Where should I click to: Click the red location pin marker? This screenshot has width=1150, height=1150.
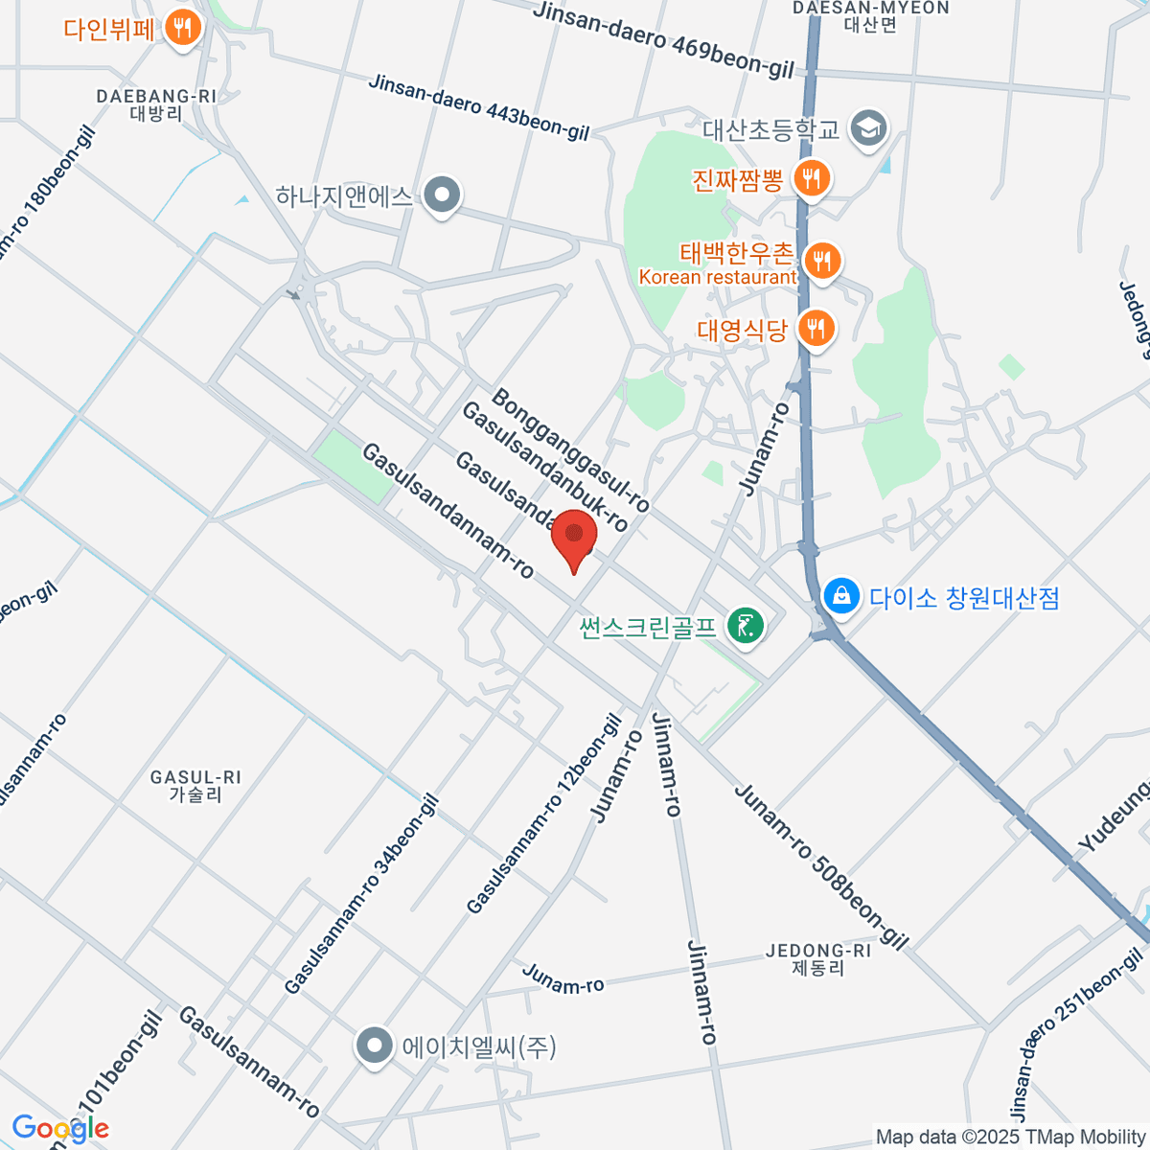pos(574,538)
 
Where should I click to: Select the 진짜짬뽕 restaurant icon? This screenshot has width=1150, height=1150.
pos(812,178)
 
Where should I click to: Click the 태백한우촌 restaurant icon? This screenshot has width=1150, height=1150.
pos(821,260)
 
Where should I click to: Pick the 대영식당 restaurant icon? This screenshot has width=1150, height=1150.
pos(816,329)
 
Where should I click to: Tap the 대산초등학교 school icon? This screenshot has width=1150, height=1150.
pos(869,127)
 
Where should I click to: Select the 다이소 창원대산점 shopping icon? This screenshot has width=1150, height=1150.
pos(841,596)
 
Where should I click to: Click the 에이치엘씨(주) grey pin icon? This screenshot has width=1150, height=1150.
pos(374,1046)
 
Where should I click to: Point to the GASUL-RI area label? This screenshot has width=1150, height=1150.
pos(195,786)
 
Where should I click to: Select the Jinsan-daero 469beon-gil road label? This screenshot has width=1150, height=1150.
pos(664,39)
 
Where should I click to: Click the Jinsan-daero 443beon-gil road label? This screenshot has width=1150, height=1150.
pos(479,108)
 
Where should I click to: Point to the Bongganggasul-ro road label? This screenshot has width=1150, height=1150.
pos(571,449)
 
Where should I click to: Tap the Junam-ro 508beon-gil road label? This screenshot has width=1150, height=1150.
pos(820,866)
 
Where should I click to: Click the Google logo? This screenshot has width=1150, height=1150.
pos(59,1129)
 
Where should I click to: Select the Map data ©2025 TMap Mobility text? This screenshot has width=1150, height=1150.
pos(1010,1138)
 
